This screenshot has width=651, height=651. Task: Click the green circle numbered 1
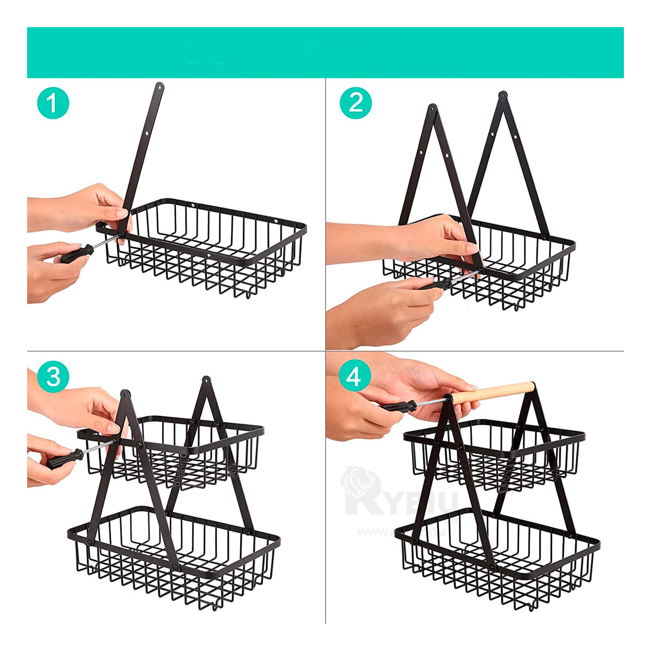(53, 103)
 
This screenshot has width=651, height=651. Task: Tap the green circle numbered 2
(355, 103)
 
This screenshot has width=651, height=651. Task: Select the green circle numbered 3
(53, 376)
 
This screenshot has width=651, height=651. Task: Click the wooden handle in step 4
(494, 392)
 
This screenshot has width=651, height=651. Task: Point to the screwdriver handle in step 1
(76, 254)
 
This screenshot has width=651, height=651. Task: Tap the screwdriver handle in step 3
(64, 459)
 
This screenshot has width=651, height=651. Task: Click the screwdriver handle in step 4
(398, 406)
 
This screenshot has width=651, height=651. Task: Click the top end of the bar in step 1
(159, 87)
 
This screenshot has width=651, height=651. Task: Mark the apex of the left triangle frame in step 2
(432, 108)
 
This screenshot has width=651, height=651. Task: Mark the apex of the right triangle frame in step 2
(502, 95)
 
